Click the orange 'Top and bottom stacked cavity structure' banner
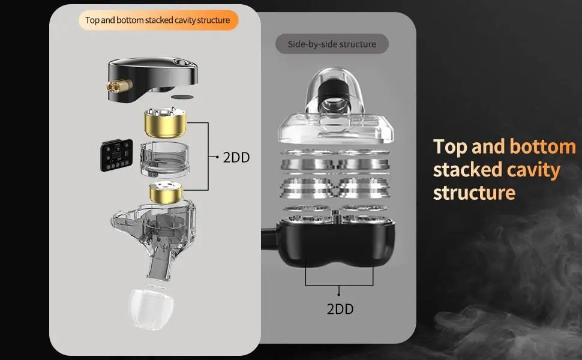[158, 20]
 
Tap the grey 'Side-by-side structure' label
[332, 44]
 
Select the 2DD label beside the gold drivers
[236, 157]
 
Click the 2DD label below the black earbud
[340, 309]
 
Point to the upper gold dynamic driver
[165, 123]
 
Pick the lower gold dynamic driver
[166, 193]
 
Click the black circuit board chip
[116, 155]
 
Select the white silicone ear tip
[151, 309]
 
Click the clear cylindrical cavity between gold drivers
[164, 160]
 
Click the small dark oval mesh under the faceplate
[182, 97]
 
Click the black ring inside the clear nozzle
[333, 92]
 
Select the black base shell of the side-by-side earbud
[337, 242]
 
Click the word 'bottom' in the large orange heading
[542, 146]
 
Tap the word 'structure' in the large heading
[475, 193]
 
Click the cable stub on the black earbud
[270, 239]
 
